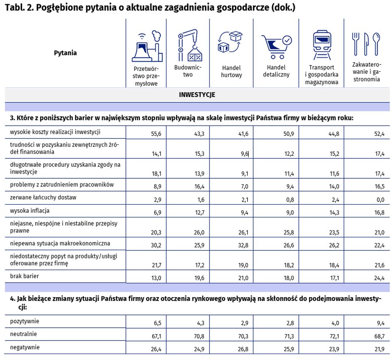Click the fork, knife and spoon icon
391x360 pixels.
365,44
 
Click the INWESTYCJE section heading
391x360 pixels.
197,95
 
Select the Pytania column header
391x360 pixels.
65,53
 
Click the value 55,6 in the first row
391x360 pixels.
156,134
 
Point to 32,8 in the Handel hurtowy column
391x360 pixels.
243,245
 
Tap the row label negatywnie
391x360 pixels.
25,347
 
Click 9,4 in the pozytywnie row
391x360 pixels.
380,323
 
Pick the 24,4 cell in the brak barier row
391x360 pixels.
379,278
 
